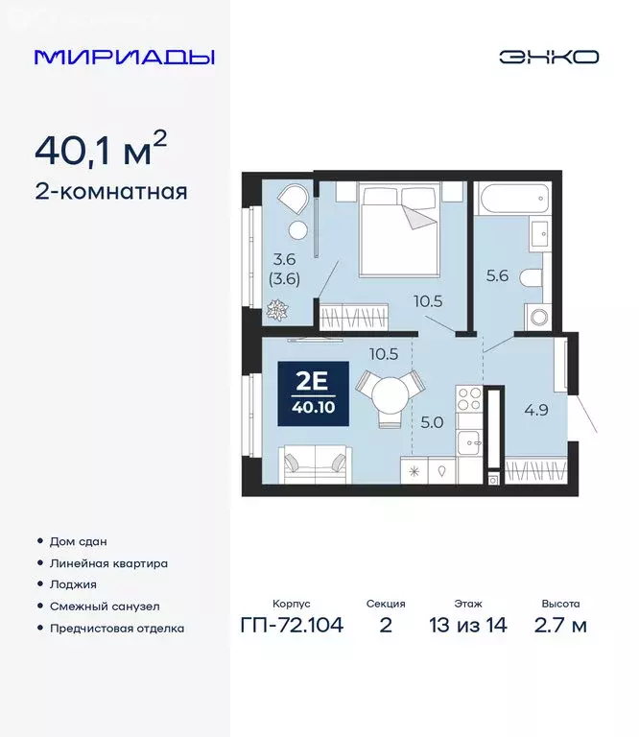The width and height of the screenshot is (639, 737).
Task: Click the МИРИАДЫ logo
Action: click(124, 57)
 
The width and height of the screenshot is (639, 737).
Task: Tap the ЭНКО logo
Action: click(548, 57)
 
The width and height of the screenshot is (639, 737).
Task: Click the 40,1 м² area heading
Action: click(101, 149)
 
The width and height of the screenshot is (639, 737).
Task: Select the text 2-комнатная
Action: click(110, 191)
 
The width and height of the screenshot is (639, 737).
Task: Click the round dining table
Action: click(389, 392)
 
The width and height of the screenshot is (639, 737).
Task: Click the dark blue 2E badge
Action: click(312, 393)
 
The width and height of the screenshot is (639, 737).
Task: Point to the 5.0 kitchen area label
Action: click(431, 420)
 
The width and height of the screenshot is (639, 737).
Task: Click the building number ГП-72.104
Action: click(291, 627)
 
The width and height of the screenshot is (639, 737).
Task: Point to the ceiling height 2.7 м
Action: click(560, 627)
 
